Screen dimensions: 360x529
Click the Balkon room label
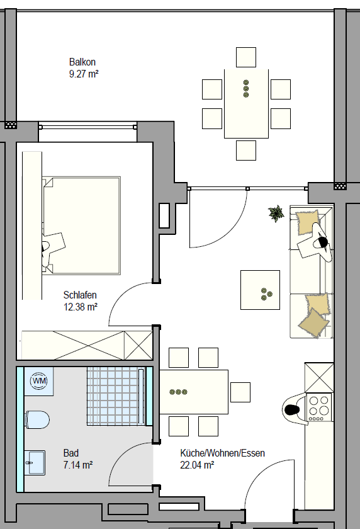coord(82,62)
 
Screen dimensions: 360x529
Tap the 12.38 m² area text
coord(81,307)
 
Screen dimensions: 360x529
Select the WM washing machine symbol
coord(39,381)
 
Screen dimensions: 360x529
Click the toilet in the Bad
coord(37,419)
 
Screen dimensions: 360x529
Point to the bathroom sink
coord(35,463)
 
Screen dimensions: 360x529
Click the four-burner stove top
coord(319,407)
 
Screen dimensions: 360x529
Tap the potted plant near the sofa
coord(276,213)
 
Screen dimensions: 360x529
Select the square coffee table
coord(260,290)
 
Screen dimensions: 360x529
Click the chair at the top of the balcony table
coord(246,57)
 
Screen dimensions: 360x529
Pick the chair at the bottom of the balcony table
coord(246,151)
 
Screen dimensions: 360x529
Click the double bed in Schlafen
coord(82,225)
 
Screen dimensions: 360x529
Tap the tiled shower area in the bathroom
coord(116,396)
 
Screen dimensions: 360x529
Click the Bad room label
coord(70,453)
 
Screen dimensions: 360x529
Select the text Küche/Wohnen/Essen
coord(222,453)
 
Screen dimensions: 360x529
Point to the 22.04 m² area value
coord(197,465)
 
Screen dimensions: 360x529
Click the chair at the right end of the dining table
coord(240,392)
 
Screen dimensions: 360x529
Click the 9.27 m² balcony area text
coord(84,74)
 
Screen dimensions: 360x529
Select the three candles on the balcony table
coord(246,88)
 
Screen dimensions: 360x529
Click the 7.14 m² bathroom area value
coord(78,465)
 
